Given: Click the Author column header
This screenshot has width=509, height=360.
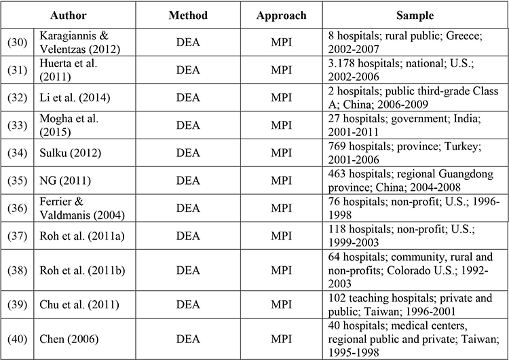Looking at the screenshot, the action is coord(68,15).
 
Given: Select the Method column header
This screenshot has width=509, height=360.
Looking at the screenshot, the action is coord(188,15).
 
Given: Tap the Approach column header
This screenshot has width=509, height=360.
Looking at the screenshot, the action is coord(281,16).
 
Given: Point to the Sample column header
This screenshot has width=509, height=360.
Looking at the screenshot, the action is coord(415,16).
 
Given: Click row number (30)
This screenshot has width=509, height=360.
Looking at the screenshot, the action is coord(17,42).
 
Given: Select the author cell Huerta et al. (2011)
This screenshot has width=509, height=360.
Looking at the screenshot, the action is coord(68,70).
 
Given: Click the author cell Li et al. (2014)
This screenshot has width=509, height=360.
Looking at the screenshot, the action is coord(75,98).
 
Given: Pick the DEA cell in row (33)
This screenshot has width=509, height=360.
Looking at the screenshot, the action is coord(188,125).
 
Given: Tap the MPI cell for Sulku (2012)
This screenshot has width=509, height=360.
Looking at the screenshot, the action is coord(281,153).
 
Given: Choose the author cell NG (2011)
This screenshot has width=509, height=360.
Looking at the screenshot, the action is coord(65,180).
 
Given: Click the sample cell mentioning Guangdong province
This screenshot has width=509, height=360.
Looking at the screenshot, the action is coord(411,180).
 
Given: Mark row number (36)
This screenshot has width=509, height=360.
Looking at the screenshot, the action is coord(17,208).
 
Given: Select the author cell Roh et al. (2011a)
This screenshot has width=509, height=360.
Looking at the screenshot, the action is coord(82,236).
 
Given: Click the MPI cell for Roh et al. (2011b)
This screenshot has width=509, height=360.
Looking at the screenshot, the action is coord(281,270).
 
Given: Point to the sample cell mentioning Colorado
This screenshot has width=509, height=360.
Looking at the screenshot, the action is coord(411,270).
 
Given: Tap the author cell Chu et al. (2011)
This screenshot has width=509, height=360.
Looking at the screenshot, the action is coord(79,304).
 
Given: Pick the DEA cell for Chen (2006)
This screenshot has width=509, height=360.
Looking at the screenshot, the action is coord(188,339).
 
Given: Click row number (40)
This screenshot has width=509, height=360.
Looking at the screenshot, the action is coord(17,339).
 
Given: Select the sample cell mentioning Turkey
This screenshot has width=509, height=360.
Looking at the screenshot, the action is coord(404,153).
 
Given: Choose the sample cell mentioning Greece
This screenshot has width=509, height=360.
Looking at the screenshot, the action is coord(405,42).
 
